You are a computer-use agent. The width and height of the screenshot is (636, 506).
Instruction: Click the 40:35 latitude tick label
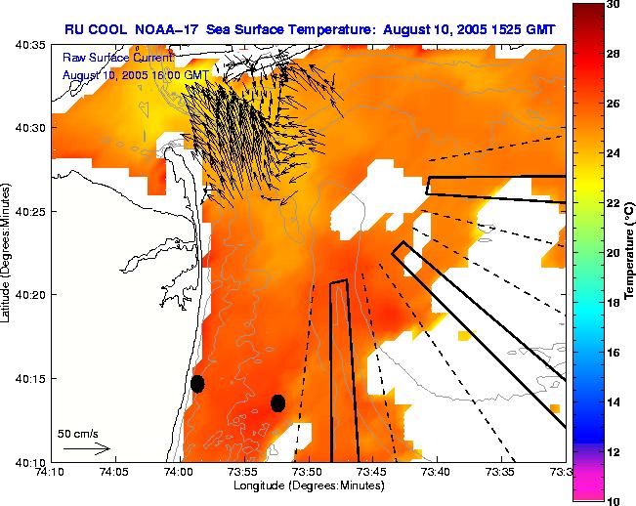pyautogui.click(x=30, y=45)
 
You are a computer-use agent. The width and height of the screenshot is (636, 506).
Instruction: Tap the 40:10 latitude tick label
pyautogui.click(x=30, y=461)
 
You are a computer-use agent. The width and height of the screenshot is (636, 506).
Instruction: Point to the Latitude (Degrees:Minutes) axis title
pyautogui.click(x=8, y=252)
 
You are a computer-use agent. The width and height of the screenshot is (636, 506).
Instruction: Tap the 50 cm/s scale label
pyautogui.click(x=77, y=433)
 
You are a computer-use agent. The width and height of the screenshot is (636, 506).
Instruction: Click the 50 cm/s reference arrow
pyautogui.click(x=87, y=448)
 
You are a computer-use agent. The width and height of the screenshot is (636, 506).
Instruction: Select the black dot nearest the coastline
pyautogui.click(x=197, y=383)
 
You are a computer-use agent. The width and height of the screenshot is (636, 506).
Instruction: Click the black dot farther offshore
pyautogui.click(x=278, y=402)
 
